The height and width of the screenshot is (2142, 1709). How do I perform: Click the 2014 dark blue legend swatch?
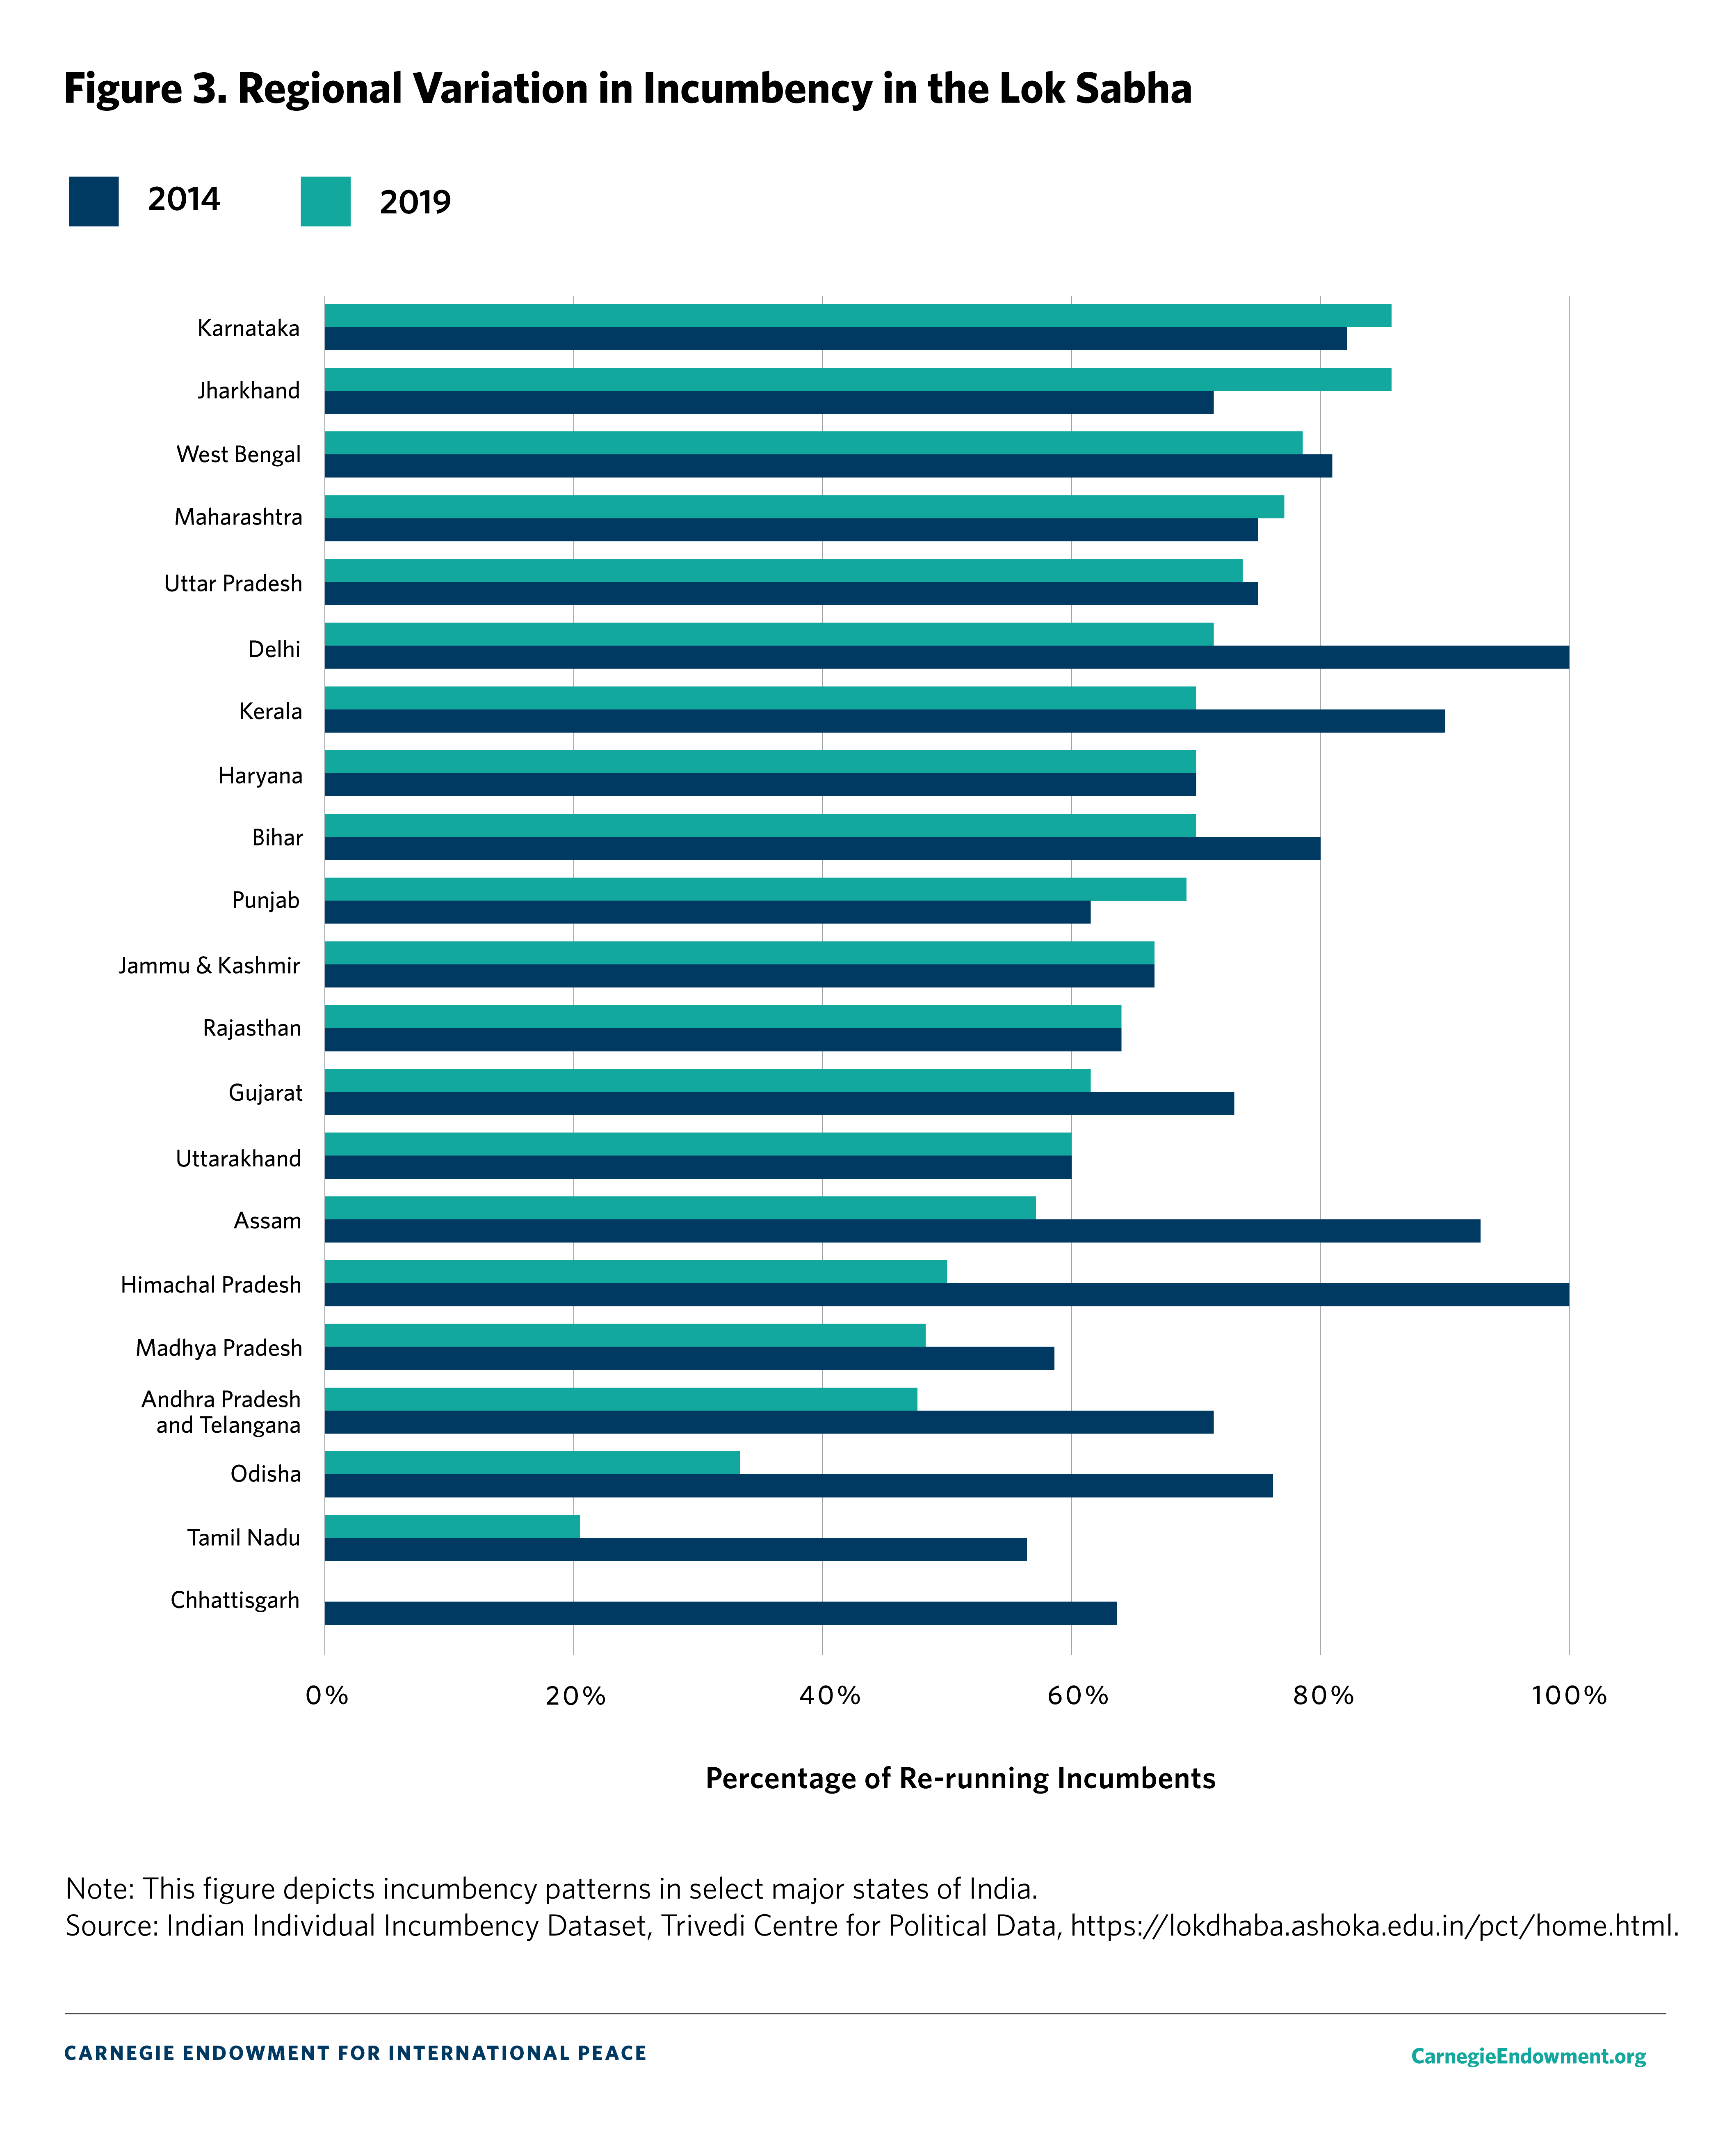[x=94, y=202]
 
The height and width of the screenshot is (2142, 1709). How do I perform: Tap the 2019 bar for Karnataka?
[x=857, y=315]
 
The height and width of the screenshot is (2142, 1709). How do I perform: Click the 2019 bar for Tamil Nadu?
[x=452, y=1526]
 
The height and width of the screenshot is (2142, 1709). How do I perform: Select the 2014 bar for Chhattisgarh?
[x=720, y=1613]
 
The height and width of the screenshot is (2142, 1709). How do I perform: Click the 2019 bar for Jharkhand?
[x=857, y=380]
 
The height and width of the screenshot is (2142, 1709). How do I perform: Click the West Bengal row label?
[x=238, y=454]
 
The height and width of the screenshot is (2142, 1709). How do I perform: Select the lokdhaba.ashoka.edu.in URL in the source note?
[x=1374, y=1925]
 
